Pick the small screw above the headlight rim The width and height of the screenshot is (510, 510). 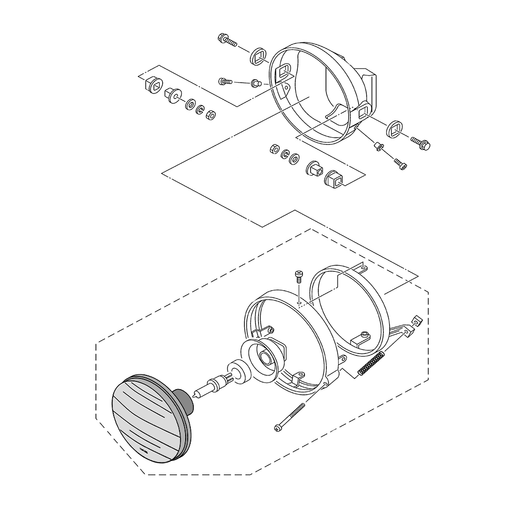[298, 277]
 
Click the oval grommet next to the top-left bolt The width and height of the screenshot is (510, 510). [259, 56]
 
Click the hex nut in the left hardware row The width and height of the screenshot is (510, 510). [210, 115]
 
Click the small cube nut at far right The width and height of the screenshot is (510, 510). [417, 321]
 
